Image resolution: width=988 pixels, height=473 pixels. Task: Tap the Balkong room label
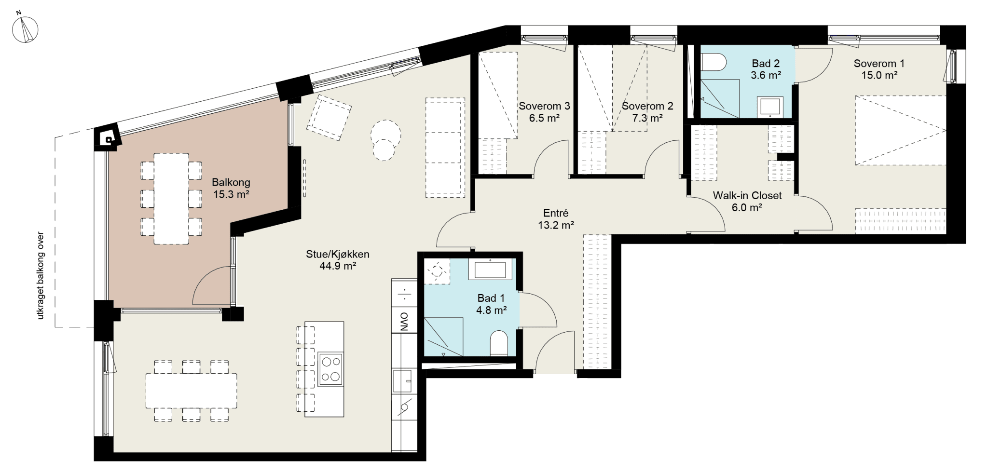[231, 183]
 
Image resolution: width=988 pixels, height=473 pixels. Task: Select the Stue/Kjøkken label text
[338, 254]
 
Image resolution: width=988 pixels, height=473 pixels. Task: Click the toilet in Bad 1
[499, 343]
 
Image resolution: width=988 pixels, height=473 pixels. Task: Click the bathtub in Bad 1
[490, 270]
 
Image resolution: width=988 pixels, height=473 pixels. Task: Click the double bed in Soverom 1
[901, 130]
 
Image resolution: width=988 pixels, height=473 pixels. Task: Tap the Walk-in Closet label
[747, 196]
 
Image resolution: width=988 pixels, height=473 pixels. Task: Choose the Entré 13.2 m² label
[556, 219]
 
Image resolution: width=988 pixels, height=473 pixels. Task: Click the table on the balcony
[171, 199]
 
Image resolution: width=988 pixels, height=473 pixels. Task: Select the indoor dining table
[192, 391]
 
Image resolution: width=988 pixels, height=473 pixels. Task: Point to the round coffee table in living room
[385, 140]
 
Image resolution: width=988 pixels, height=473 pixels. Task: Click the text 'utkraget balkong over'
[41, 276]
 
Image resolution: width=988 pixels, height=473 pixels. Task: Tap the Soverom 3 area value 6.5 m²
[544, 118]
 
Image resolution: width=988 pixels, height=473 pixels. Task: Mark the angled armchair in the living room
[329, 117]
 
